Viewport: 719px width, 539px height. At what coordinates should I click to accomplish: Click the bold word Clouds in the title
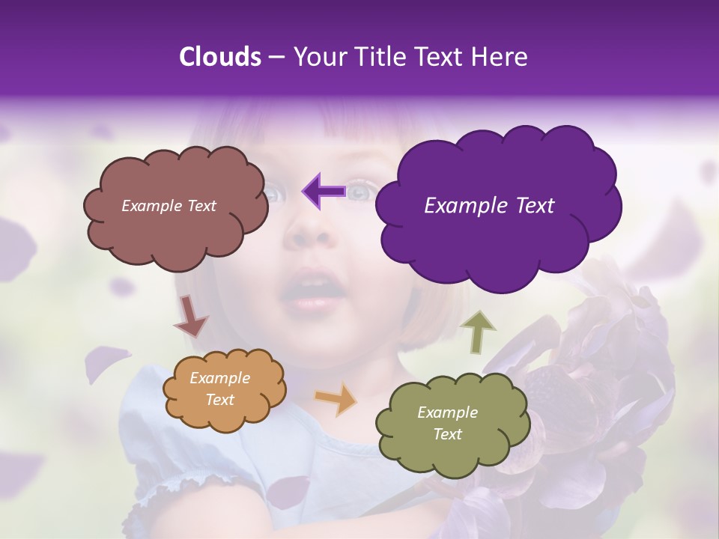tap(220, 57)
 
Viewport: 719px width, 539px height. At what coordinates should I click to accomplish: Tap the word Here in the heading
tap(500, 57)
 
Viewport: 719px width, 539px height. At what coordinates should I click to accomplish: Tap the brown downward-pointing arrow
tap(190, 316)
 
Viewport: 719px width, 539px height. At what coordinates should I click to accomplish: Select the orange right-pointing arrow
tap(336, 399)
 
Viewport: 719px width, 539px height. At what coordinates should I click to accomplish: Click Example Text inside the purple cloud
tap(489, 206)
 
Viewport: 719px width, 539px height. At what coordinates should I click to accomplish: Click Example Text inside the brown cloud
tap(169, 206)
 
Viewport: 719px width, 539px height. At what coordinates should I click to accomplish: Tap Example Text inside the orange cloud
tap(220, 389)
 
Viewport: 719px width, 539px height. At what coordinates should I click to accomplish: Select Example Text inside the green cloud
tap(447, 423)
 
